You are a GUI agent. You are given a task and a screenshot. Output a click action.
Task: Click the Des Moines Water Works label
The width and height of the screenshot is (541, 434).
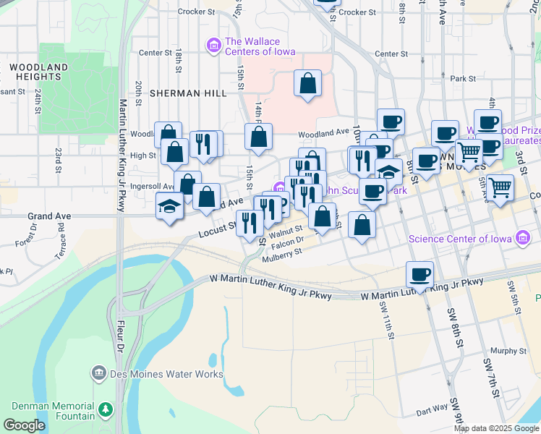(167, 374)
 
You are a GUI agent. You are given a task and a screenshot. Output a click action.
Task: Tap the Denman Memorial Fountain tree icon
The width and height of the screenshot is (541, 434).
(106, 410)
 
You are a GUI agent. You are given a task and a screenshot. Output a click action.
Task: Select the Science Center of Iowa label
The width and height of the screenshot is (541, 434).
(459, 239)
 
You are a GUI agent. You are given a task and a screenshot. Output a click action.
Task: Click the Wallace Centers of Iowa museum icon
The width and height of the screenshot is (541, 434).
(213, 47)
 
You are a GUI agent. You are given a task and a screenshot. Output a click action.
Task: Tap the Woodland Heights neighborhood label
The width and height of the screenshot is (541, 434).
(39, 72)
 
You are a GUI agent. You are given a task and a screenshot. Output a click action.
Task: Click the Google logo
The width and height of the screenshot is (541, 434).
(25, 426)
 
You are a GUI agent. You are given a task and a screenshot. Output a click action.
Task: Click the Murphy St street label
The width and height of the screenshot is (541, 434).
(507, 351)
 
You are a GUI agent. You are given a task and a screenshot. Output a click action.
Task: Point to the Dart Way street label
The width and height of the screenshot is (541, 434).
(432, 410)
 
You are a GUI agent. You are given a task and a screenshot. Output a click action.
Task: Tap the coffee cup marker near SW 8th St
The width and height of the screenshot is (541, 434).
(419, 275)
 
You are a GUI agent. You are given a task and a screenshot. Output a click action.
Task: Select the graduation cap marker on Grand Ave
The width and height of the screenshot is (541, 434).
(170, 206)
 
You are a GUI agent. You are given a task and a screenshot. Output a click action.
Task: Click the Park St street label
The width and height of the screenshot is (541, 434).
(462, 78)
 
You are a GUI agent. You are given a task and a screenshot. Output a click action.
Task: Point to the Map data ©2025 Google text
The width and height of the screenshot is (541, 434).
(496, 428)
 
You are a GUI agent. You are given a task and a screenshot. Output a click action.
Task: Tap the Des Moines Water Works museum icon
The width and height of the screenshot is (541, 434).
(100, 374)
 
